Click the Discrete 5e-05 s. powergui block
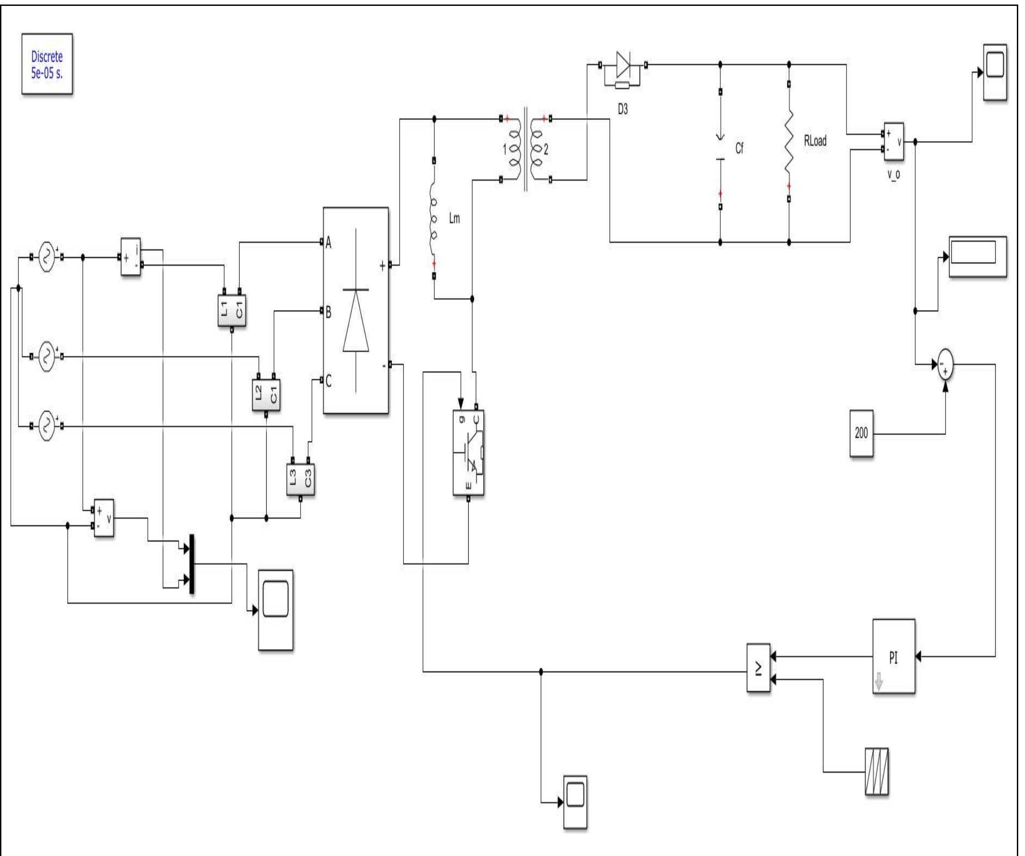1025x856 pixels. pos(47,63)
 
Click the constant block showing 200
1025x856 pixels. pos(861,433)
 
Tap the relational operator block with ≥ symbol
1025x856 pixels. pos(758,667)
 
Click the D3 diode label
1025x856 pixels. pos(622,109)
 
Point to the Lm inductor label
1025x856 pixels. pos(454,218)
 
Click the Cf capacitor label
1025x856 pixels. pos(739,148)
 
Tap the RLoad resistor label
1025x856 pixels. pos(815,141)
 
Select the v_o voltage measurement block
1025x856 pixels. pos(893,142)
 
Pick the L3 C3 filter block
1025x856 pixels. pos(300,479)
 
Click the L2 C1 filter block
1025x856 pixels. pos(266,395)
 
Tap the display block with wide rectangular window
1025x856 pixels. pos(977,257)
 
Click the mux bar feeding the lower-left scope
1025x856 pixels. pos(192,564)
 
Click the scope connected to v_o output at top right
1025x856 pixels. pos(995,72)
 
